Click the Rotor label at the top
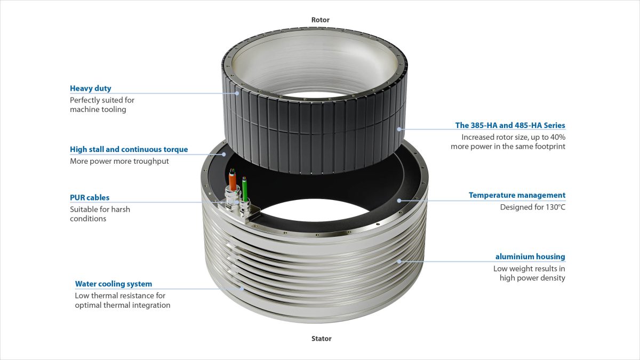tap(321, 20)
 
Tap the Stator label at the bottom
tap(322, 339)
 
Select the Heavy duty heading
tap(91, 89)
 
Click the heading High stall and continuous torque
tap(129, 149)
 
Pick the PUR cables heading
tap(90, 198)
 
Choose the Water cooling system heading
tap(114, 284)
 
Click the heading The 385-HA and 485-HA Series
tap(510, 125)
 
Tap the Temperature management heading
tap(517, 195)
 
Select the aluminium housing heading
tap(530, 257)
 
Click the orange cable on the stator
tap(233, 180)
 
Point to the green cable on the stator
tap(245, 189)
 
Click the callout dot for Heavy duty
tap(237, 93)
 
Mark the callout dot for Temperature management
tap(399, 201)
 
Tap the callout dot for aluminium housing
tap(399, 261)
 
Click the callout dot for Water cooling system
tap(242, 289)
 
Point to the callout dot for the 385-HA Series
tap(399, 129)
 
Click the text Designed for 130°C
tap(533, 207)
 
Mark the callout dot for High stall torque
tap(224, 154)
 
